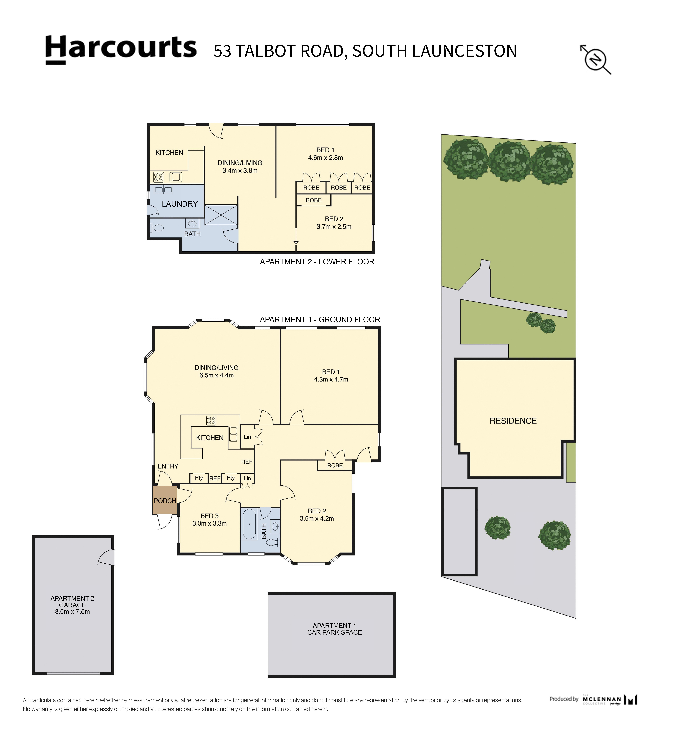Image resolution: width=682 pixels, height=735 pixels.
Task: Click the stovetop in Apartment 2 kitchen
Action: tap(159, 177)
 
